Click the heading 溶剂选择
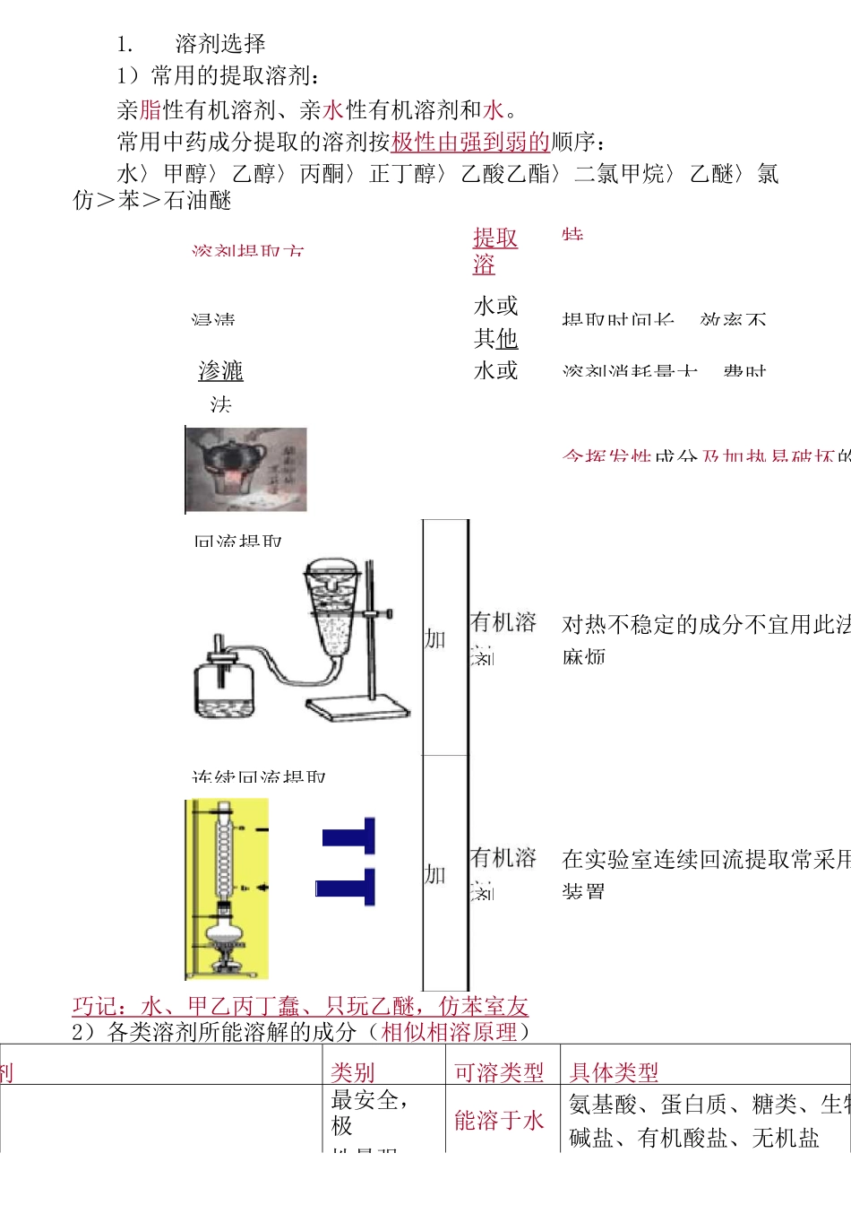(x=219, y=44)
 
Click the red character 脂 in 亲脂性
(x=150, y=110)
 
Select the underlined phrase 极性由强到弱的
(x=470, y=143)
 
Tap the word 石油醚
(x=198, y=201)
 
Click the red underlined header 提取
(x=495, y=238)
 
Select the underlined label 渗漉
(x=221, y=371)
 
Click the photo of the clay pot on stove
(x=246, y=470)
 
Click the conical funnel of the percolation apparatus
(x=334, y=610)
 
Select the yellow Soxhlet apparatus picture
(x=226, y=888)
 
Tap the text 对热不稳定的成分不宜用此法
(x=706, y=625)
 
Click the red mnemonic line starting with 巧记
(x=300, y=1007)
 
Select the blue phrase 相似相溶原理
(x=449, y=1033)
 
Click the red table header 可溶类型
(x=499, y=1072)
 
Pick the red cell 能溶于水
(x=499, y=1121)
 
